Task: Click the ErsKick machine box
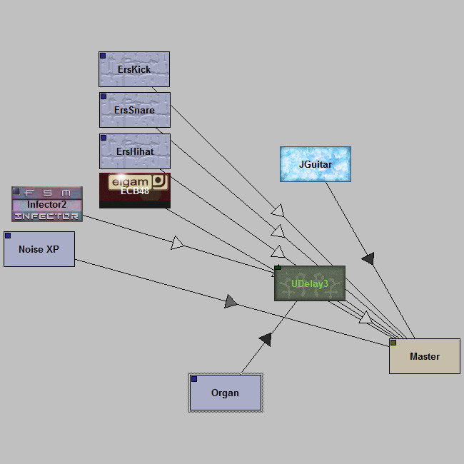134,69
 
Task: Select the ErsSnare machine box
135,110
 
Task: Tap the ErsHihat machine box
135,151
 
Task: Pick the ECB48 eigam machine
135,190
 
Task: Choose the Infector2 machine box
47,204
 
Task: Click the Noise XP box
39,249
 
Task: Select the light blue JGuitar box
316,164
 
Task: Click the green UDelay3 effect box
310,283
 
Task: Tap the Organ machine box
226,393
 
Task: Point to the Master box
425,356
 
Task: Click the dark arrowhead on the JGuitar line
368,258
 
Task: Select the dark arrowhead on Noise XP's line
231,302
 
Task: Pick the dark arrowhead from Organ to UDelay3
265,340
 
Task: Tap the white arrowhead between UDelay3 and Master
365,317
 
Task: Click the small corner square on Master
393,343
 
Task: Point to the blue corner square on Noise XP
8,236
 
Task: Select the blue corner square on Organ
194,379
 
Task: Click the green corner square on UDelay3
278,269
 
